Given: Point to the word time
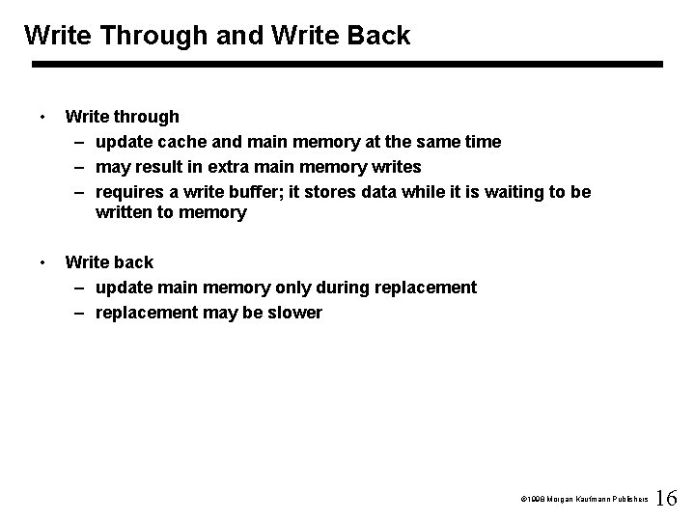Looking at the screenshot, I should click(x=482, y=142).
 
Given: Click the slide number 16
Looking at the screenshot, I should click(x=666, y=499).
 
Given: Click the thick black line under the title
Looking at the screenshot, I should click(x=347, y=65).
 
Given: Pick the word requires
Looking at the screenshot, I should click(x=130, y=192).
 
